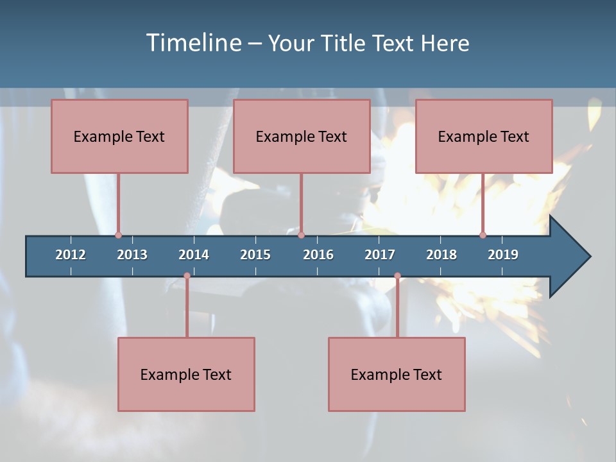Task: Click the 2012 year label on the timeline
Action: pyautogui.click(x=71, y=255)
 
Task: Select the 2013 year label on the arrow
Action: pyautogui.click(x=132, y=255)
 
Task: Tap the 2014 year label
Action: pyautogui.click(x=194, y=255)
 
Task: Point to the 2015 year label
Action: pyautogui.click(x=255, y=255)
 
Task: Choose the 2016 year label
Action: pyautogui.click(x=318, y=255)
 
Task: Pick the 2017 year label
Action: pyautogui.click(x=380, y=255)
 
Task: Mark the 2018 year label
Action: pyautogui.click(x=441, y=255)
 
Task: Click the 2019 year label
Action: pyautogui.click(x=503, y=255)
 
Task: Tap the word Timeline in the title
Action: pyautogui.click(x=193, y=43)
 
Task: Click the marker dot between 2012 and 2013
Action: pyautogui.click(x=118, y=235)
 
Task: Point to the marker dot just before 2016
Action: pyautogui.click(x=301, y=235)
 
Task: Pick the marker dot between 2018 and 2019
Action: pyautogui.click(x=483, y=235)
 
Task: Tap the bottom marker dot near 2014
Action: pyautogui.click(x=187, y=276)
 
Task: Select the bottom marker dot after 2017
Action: pyautogui.click(x=397, y=276)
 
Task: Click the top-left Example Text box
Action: pyautogui.click(x=119, y=136)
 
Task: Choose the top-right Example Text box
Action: pyautogui.click(x=484, y=136)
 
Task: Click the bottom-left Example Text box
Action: pyautogui.click(x=186, y=374)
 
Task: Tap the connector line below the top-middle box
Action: pyautogui.click(x=301, y=202)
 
